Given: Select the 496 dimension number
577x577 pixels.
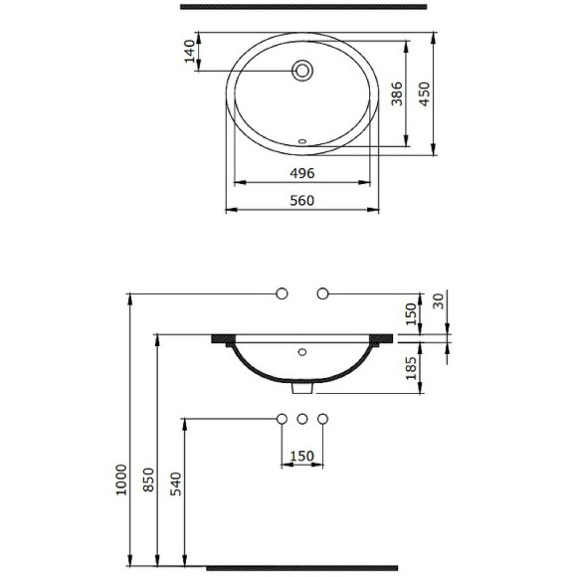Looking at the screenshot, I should click(x=301, y=173).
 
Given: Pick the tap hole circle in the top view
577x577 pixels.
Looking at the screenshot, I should click(x=302, y=71).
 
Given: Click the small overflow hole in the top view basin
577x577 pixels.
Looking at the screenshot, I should click(x=303, y=140).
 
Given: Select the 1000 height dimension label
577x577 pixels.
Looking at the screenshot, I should click(x=120, y=481).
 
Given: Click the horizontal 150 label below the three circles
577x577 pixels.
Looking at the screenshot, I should click(x=301, y=457).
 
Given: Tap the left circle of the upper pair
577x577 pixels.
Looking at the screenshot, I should click(x=282, y=293).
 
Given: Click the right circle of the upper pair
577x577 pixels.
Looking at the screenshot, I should click(x=321, y=293).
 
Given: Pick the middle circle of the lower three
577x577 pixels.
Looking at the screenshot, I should click(x=301, y=419).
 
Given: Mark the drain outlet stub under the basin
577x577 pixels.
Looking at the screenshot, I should click(x=302, y=388).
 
